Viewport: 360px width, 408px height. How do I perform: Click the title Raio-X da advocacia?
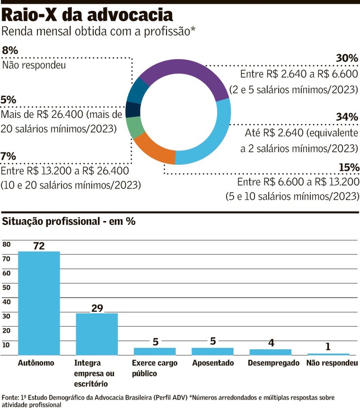coord(87,15)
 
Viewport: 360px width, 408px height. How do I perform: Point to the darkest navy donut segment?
coord(133,109)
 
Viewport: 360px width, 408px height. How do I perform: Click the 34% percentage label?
coord(347,117)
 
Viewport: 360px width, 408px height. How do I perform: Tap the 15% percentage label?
coord(349,167)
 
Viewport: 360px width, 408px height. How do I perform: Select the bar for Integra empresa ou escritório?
coord(97,334)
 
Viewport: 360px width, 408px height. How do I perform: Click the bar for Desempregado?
coord(270,352)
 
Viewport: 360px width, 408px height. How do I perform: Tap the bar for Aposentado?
coord(213,351)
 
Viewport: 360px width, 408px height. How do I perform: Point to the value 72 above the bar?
coord(39,246)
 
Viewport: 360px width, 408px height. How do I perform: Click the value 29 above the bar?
coord(97,308)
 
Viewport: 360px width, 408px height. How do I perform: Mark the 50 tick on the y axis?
coord(7,287)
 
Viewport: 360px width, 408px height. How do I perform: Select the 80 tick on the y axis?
coord(7,244)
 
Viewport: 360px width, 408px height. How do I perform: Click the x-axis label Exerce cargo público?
coord(154,368)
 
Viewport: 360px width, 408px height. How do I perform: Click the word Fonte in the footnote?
coord(10,397)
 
